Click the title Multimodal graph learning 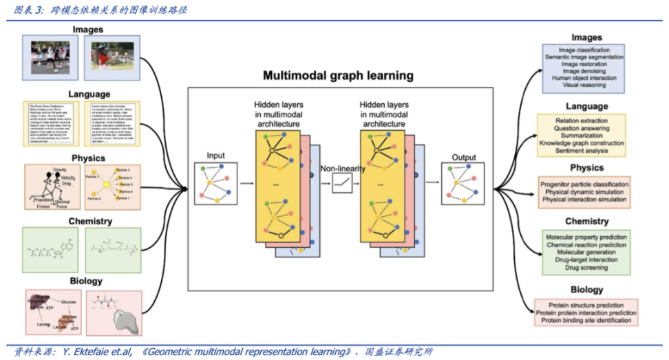click(x=338, y=76)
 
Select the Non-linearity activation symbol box click(x=342, y=182)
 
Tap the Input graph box click(x=217, y=183)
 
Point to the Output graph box click(x=463, y=183)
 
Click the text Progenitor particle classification click(x=585, y=184)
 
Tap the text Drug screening click(x=586, y=268)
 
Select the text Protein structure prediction click(x=586, y=305)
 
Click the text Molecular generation click(x=586, y=253)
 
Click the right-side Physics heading click(x=586, y=168)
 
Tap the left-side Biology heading click(x=86, y=281)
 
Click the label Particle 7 click(x=124, y=198)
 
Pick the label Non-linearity click(x=342, y=167)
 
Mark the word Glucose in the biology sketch click(x=68, y=301)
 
